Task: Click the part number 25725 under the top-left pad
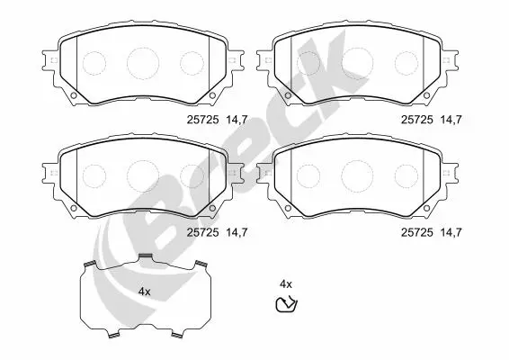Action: click(202, 120)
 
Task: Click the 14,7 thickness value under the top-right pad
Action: click(451, 120)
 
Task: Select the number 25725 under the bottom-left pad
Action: click(202, 232)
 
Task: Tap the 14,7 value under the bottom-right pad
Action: click(451, 232)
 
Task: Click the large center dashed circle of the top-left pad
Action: click(143, 63)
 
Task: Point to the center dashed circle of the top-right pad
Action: click(357, 63)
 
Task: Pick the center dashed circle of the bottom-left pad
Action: click(143, 175)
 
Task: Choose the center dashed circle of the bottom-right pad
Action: click(357, 175)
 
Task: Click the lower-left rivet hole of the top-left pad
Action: click(74, 95)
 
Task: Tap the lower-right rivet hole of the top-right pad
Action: click(426, 95)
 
